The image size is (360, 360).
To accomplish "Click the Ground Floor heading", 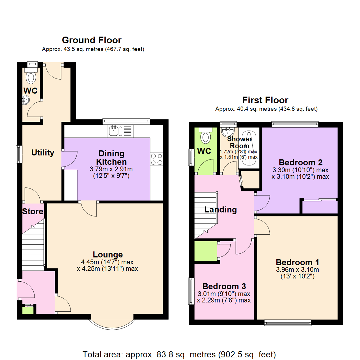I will [x=92, y=40].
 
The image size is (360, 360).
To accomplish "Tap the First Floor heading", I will [x=265, y=100].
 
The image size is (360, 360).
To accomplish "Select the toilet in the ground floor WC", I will [x=31, y=77].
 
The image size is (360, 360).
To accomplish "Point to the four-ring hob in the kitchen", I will [x=157, y=159].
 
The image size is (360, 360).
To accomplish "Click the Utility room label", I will [x=43, y=153].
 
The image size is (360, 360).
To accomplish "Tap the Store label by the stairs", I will [x=33, y=211].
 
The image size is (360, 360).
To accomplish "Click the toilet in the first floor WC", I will [x=205, y=136].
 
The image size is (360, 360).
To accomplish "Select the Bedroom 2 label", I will [x=301, y=163].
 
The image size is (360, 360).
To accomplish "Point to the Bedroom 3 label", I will [x=224, y=286].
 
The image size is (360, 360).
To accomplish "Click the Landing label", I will [x=220, y=210].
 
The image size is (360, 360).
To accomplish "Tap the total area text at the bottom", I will [x=179, y=354].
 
